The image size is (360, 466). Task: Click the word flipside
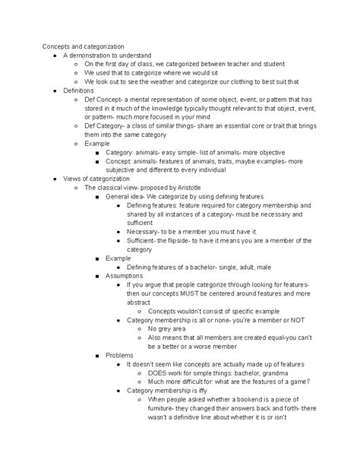(180, 239)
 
